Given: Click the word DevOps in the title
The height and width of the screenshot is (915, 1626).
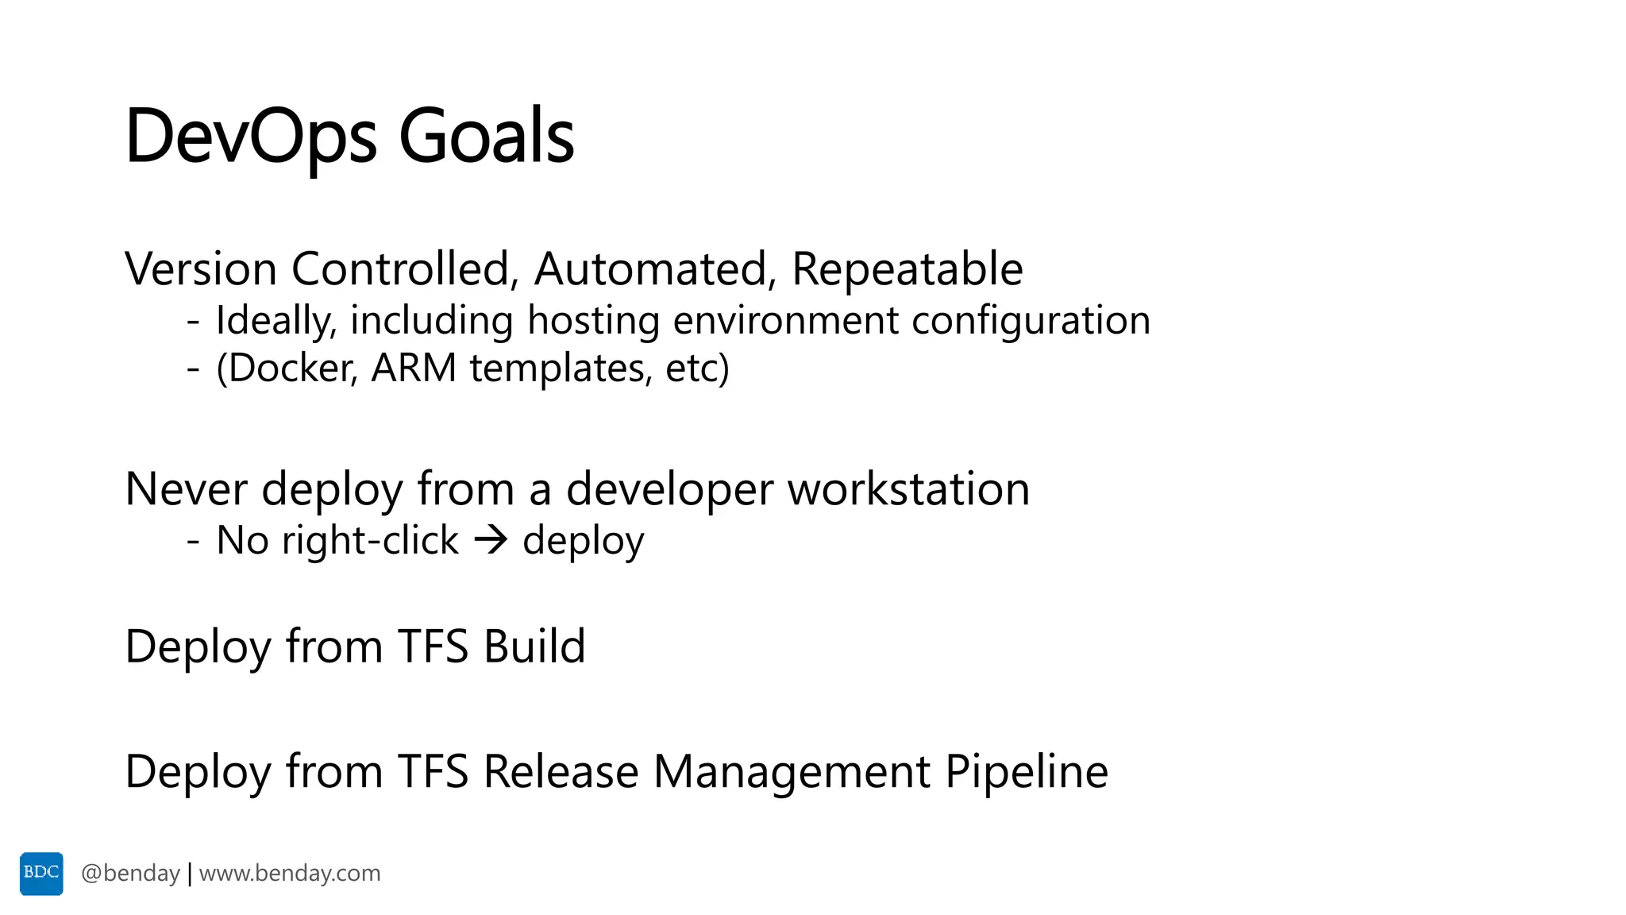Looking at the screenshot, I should point(251,137).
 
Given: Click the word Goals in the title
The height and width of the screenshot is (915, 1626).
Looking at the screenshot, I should point(486,137).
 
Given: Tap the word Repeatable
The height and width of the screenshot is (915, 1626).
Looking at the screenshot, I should point(907,268).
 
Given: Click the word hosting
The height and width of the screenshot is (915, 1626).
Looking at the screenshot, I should point(593,320).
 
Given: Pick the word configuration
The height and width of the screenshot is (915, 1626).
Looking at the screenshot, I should point(1031,320).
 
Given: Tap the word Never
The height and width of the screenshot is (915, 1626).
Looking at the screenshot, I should point(186,488).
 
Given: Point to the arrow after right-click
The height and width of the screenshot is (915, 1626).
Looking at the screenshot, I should point(491,540).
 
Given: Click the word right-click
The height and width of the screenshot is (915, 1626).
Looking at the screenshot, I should point(370,540).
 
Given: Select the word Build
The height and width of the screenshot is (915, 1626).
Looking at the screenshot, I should point(534,646).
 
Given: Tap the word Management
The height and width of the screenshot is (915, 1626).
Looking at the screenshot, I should point(792,771).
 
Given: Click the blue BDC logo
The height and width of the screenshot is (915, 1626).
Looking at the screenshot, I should point(41,874).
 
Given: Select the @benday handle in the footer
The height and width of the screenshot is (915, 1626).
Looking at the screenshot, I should point(130,874).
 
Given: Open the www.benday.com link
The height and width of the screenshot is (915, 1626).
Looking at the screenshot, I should point(290,874).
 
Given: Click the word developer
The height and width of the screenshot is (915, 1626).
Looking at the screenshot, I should point(669,488).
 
